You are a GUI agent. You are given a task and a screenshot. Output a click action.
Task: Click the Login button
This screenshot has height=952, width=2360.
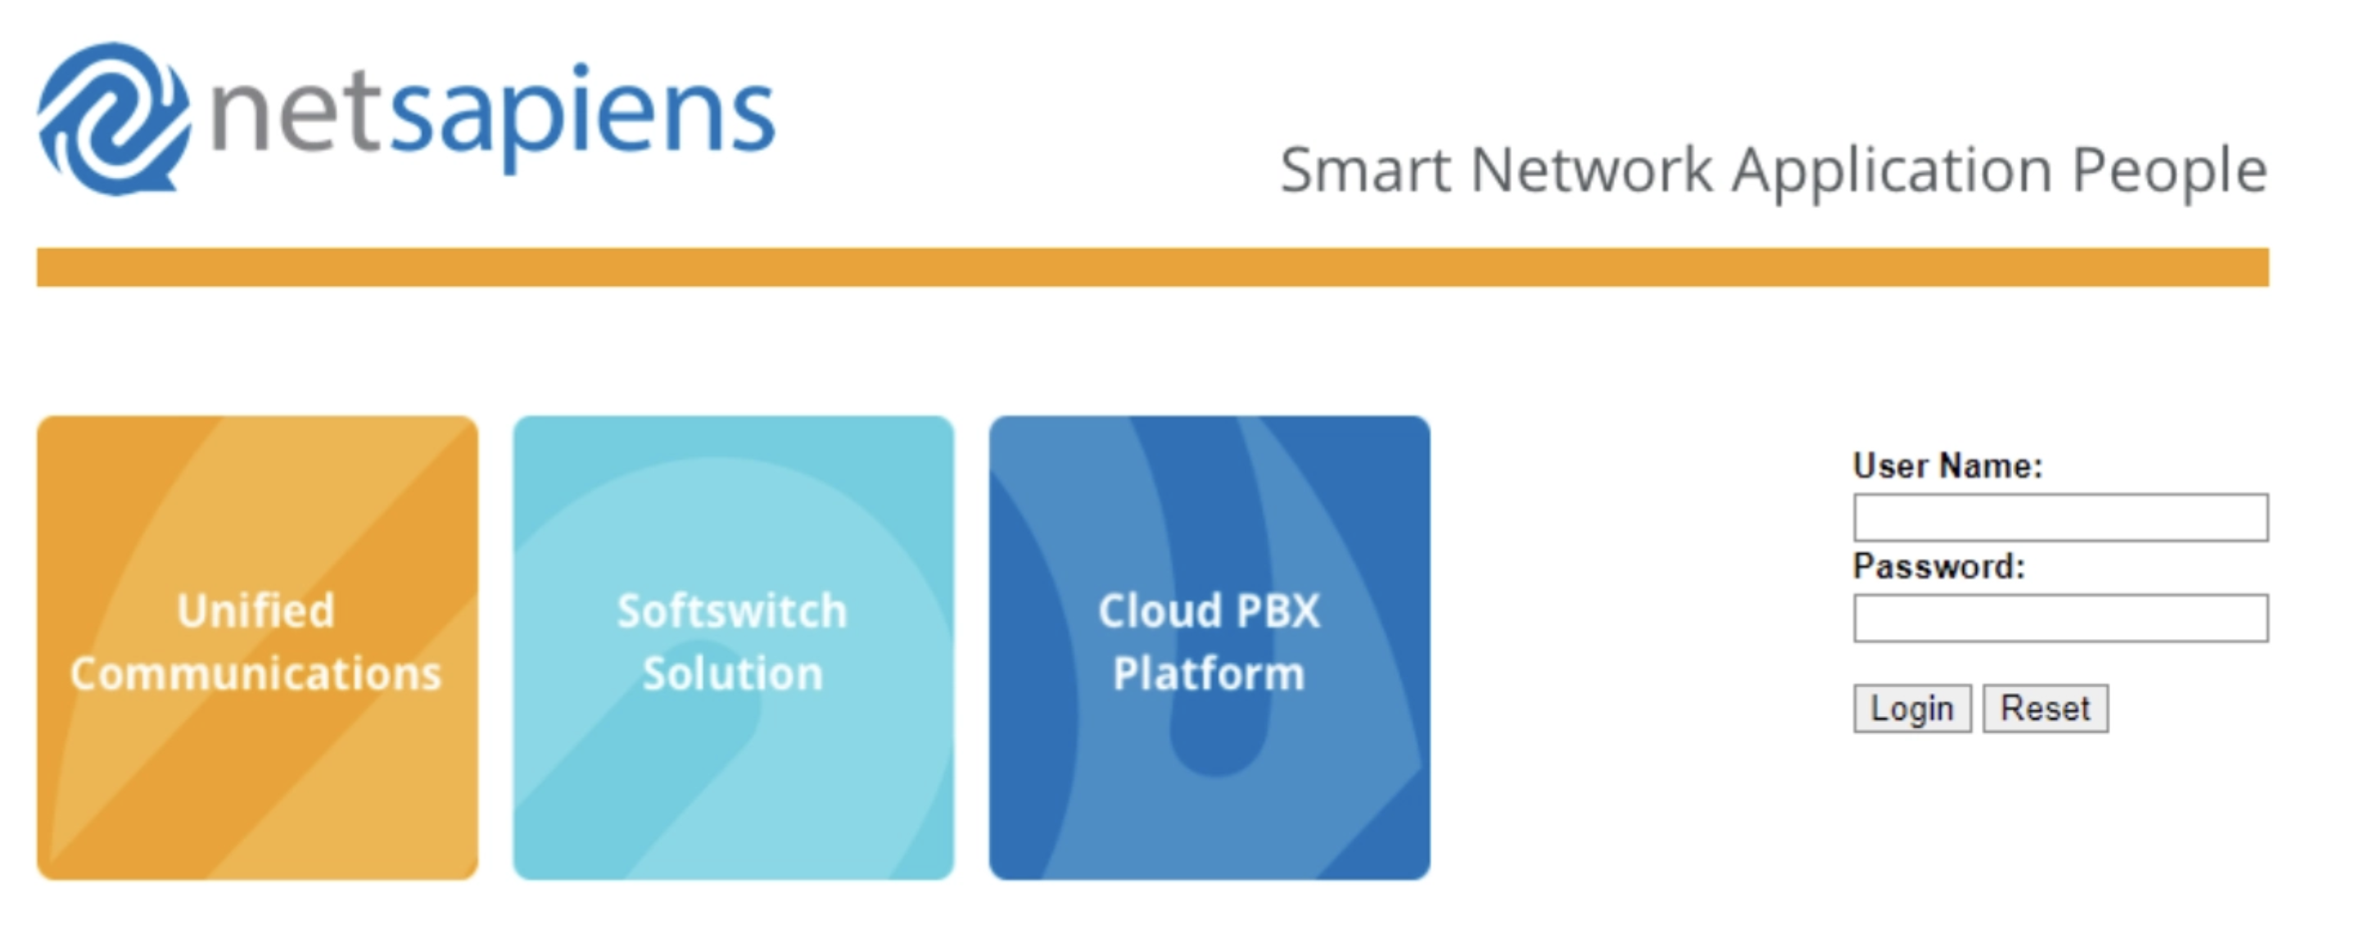click(1911, 709)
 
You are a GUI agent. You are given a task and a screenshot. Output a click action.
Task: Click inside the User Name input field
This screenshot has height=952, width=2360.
click(2060, 518)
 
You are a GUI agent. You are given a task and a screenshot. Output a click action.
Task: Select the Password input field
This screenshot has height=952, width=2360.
click(2060, 619)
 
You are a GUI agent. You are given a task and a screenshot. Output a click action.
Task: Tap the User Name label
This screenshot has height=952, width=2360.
click(1946, 465)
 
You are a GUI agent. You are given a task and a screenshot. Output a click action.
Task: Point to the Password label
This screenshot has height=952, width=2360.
click(1937, 566)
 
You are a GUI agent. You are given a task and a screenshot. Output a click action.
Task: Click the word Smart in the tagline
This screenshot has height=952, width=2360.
click(1365, 170)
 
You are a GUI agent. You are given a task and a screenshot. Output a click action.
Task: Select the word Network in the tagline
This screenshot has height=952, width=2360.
click(1591, 170)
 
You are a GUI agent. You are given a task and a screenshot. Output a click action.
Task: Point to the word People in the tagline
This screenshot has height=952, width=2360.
click(2169, 172)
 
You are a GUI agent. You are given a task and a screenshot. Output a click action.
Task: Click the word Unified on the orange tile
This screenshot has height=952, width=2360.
click(255, 611)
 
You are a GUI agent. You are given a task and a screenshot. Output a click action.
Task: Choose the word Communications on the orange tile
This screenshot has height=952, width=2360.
click(255, 673)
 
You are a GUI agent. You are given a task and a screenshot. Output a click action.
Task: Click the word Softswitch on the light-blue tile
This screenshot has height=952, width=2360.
click(732, 611)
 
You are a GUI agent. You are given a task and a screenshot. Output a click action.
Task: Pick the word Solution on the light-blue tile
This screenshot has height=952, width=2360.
click(732, 673)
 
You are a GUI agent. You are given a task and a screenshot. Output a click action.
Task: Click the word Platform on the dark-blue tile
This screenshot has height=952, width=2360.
click(1209, 673)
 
